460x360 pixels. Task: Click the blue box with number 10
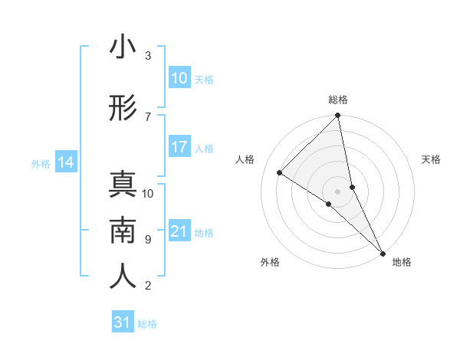[179, 78]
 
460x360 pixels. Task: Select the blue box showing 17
[179, 147]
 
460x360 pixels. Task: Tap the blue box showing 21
[179, 231]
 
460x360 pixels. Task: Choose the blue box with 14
[66, 162]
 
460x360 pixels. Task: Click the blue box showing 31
[123, 322]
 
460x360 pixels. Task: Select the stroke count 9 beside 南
[148, 240]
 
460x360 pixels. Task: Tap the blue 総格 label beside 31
[147, 324]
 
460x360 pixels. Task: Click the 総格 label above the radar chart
[338, 100]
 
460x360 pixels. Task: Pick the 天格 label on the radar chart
[431, 159]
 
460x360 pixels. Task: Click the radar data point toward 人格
[280, 172]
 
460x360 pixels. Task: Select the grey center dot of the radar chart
[338, 191]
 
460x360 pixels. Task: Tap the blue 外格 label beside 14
[41, 163]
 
